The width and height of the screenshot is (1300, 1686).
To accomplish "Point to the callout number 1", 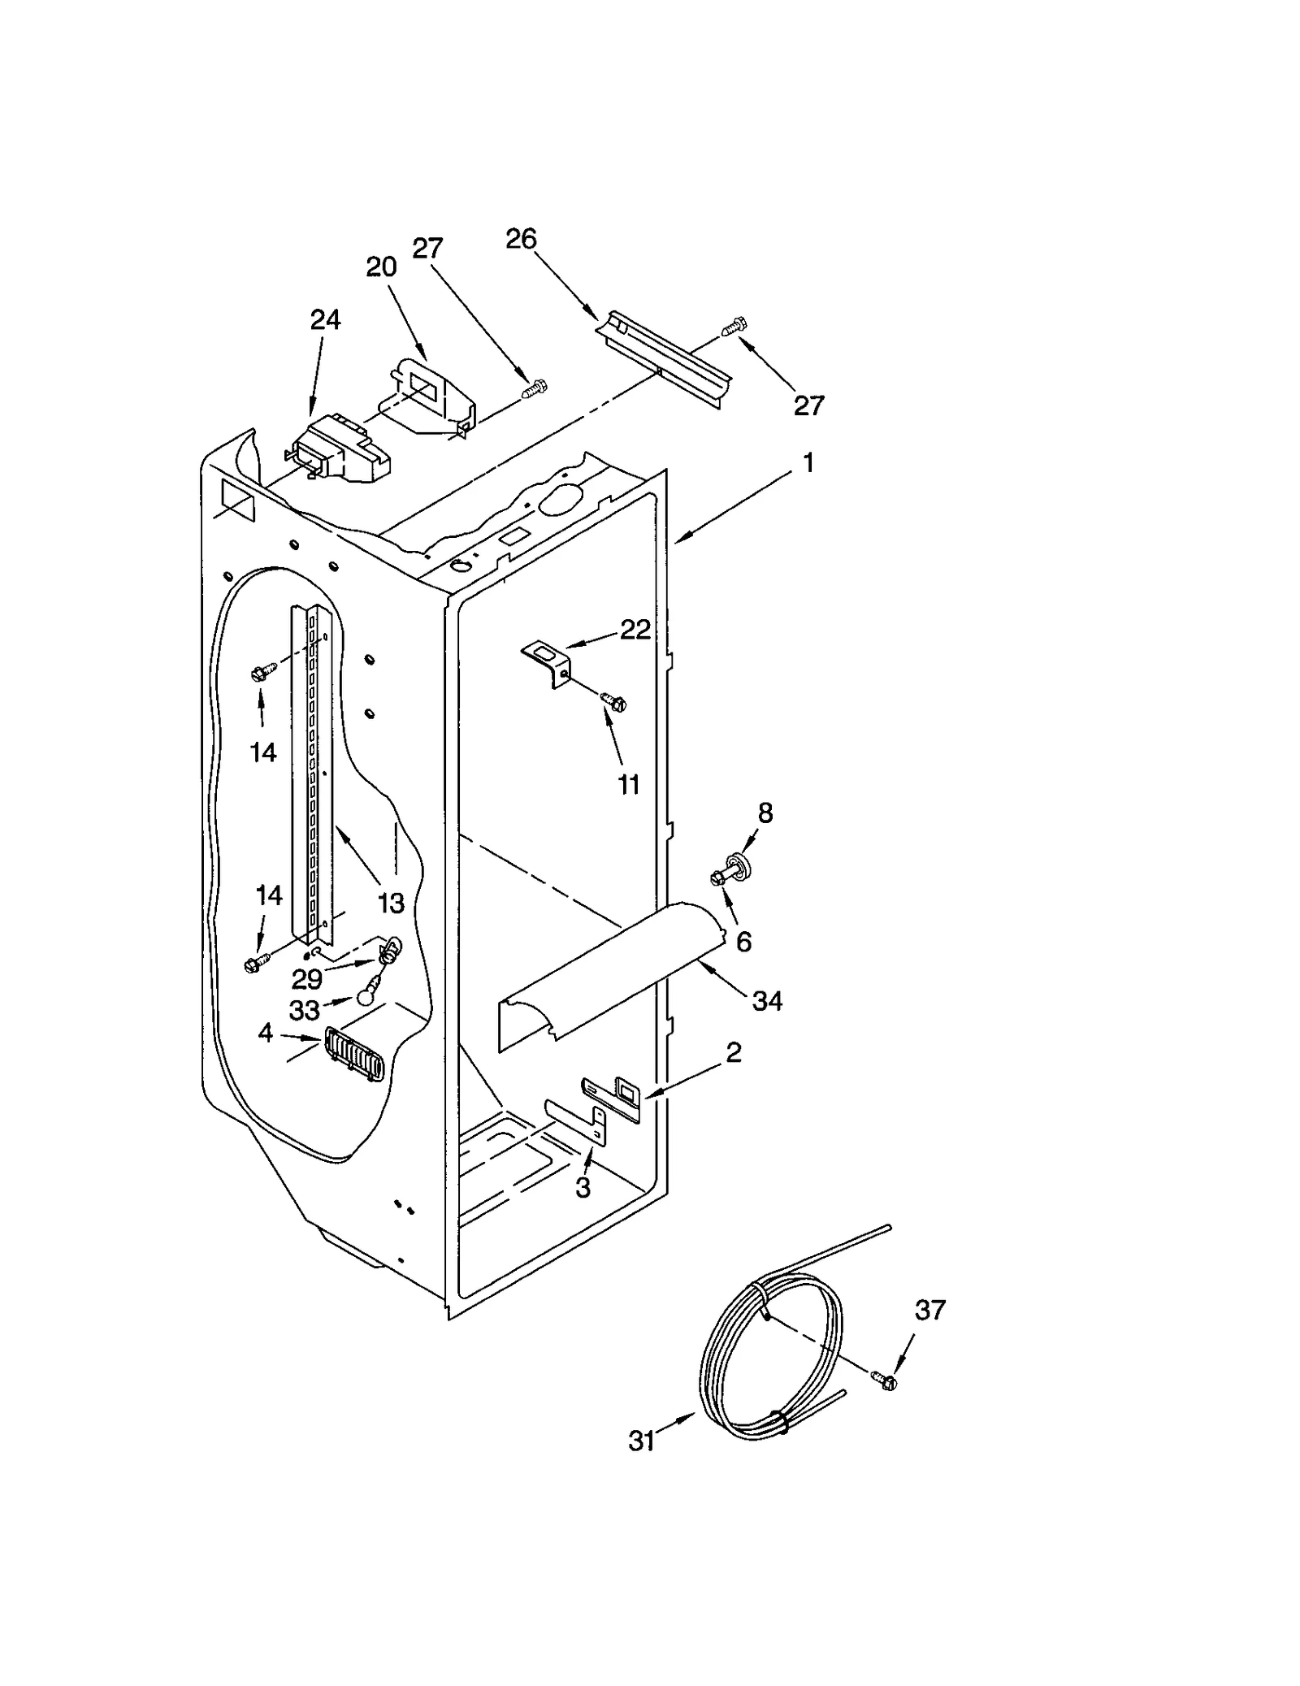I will [x=808, y=463].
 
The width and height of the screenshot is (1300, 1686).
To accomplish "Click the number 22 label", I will [x=635, y=629].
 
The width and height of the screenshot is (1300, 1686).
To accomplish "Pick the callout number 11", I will [x=629, y=784].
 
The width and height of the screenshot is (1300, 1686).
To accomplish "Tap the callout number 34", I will [x=766, y=1001].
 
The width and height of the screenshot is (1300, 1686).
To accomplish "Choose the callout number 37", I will [x=930, y=1310].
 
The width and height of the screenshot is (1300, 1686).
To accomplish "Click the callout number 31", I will [x=641, y=1441].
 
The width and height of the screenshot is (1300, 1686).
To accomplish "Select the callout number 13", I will [x=391, y=902].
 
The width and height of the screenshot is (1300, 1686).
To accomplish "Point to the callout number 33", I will [x=305, y=1010].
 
